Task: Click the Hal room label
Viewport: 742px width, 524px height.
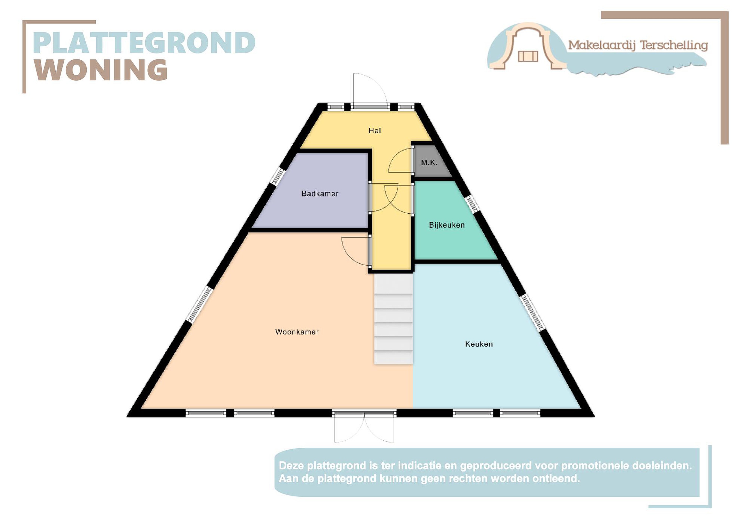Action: [x=375, y=131]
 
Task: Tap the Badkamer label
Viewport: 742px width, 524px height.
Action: [x=320, y=194]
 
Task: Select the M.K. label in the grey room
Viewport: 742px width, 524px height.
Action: [x=429, y=162]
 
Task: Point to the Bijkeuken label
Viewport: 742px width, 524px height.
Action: [x=447, y=225]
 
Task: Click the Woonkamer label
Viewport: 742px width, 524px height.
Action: [x=297, y=332]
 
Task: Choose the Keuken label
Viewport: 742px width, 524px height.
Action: [x=479, y=344]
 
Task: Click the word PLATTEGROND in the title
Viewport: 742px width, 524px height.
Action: [x=144, y=43]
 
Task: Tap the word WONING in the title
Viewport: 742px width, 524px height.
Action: [x=101, y=70]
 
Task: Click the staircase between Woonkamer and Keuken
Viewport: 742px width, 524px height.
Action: [x=393, y=319]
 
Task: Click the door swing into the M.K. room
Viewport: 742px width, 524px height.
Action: [x=401, y=160]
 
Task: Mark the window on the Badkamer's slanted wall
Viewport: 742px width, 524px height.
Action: [x=277, y=176]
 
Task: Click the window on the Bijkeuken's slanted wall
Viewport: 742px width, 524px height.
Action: [x=472, y=204]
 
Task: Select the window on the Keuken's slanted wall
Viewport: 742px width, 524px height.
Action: [x=533, y=312]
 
